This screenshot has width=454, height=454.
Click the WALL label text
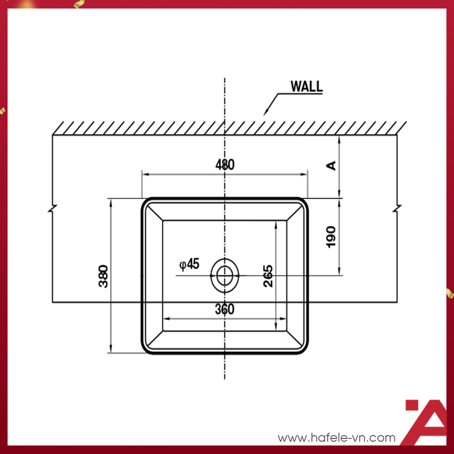coord(306,87)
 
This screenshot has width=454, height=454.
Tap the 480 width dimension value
coord(225,165)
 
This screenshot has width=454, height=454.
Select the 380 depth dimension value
coord(104,276)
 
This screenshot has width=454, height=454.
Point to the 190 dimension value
coord(331,236)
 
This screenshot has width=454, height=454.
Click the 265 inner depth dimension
coord(268,276)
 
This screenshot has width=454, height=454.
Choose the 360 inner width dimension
coord(225,309)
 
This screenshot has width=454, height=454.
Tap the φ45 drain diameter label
coord(189,264)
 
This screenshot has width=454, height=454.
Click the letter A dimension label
coord(332,165)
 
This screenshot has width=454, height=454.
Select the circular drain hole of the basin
coord(225,275)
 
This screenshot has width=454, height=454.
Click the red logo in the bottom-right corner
coord(426,421)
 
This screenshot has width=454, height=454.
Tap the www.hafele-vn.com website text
coord(336,438)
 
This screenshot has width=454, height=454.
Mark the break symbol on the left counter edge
coord(52,208)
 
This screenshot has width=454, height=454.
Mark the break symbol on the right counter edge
coord(397,208)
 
